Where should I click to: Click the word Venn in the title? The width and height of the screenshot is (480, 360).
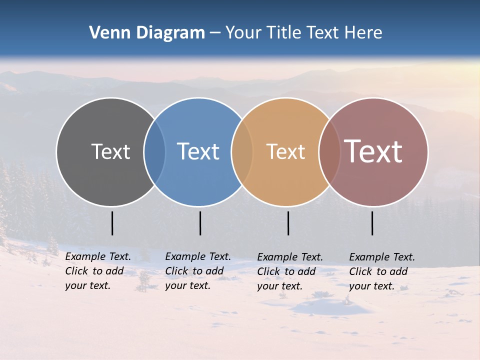coord(105,33)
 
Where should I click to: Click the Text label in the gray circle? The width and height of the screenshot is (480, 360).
coord(110,151)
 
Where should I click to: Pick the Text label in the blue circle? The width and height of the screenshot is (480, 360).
coord(198,151)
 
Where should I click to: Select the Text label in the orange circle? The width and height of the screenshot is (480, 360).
coord(285,151)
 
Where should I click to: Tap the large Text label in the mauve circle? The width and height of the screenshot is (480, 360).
coord(373,151)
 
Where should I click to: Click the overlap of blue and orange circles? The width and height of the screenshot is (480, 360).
coord(242,151)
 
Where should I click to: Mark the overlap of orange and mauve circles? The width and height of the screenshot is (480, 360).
coord(329,151)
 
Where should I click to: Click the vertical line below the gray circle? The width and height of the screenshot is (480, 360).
coord(112,223)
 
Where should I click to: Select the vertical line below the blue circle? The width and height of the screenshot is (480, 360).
coord(200,223)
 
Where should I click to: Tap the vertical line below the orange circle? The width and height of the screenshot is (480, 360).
coord(288,223)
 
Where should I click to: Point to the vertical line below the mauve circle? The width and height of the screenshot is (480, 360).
coord(372,223)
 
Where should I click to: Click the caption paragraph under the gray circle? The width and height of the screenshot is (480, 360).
coord(98,271)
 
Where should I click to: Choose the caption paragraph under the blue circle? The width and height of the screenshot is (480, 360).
coord(198,271)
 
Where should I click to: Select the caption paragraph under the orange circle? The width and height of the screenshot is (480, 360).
coord(290,271)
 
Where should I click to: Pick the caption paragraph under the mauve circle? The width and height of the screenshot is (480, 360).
coord(382,271)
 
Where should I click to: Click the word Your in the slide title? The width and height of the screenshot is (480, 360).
coord(243,33)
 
